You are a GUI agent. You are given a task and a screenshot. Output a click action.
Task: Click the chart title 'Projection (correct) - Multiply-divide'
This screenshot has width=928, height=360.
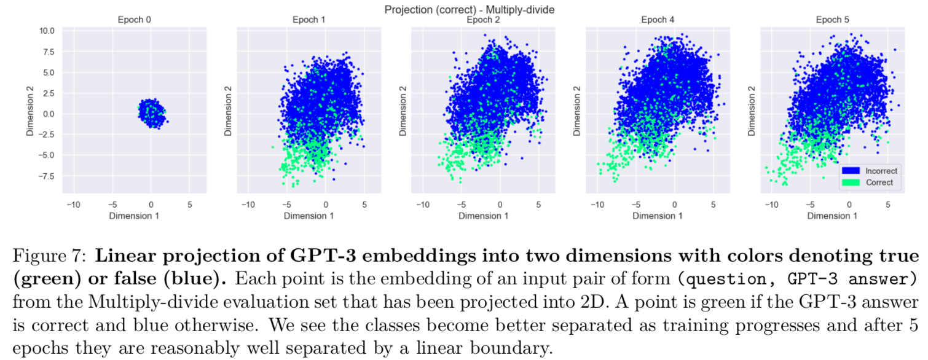[x=469, y=9]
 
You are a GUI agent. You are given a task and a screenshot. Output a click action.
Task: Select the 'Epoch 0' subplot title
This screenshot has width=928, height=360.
[x=134, y=20]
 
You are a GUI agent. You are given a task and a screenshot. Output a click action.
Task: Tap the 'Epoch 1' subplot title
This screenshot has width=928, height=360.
[x=309, y=20]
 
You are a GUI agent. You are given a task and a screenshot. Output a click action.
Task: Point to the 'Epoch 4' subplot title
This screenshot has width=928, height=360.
[x=658, y=20]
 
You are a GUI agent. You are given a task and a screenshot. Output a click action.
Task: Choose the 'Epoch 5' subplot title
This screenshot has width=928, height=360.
[x=832, y=20]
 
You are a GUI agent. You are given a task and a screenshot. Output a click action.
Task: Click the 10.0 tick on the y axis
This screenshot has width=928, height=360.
[x=47, y=31]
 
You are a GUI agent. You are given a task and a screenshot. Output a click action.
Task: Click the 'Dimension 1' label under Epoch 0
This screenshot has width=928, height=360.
[x=134, y=216]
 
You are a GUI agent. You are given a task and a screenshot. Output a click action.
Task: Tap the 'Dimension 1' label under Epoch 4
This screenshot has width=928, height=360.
[x=658, y=216]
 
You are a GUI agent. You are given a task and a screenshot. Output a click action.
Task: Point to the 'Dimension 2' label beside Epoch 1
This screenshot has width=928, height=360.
[x=229, y=111]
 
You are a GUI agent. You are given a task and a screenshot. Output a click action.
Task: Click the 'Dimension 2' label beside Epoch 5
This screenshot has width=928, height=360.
[x=752, y=111]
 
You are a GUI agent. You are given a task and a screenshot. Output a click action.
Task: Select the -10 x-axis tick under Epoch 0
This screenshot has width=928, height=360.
[x=73, y=205]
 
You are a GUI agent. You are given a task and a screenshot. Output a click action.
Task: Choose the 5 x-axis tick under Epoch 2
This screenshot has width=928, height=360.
[x=538, y=205]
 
